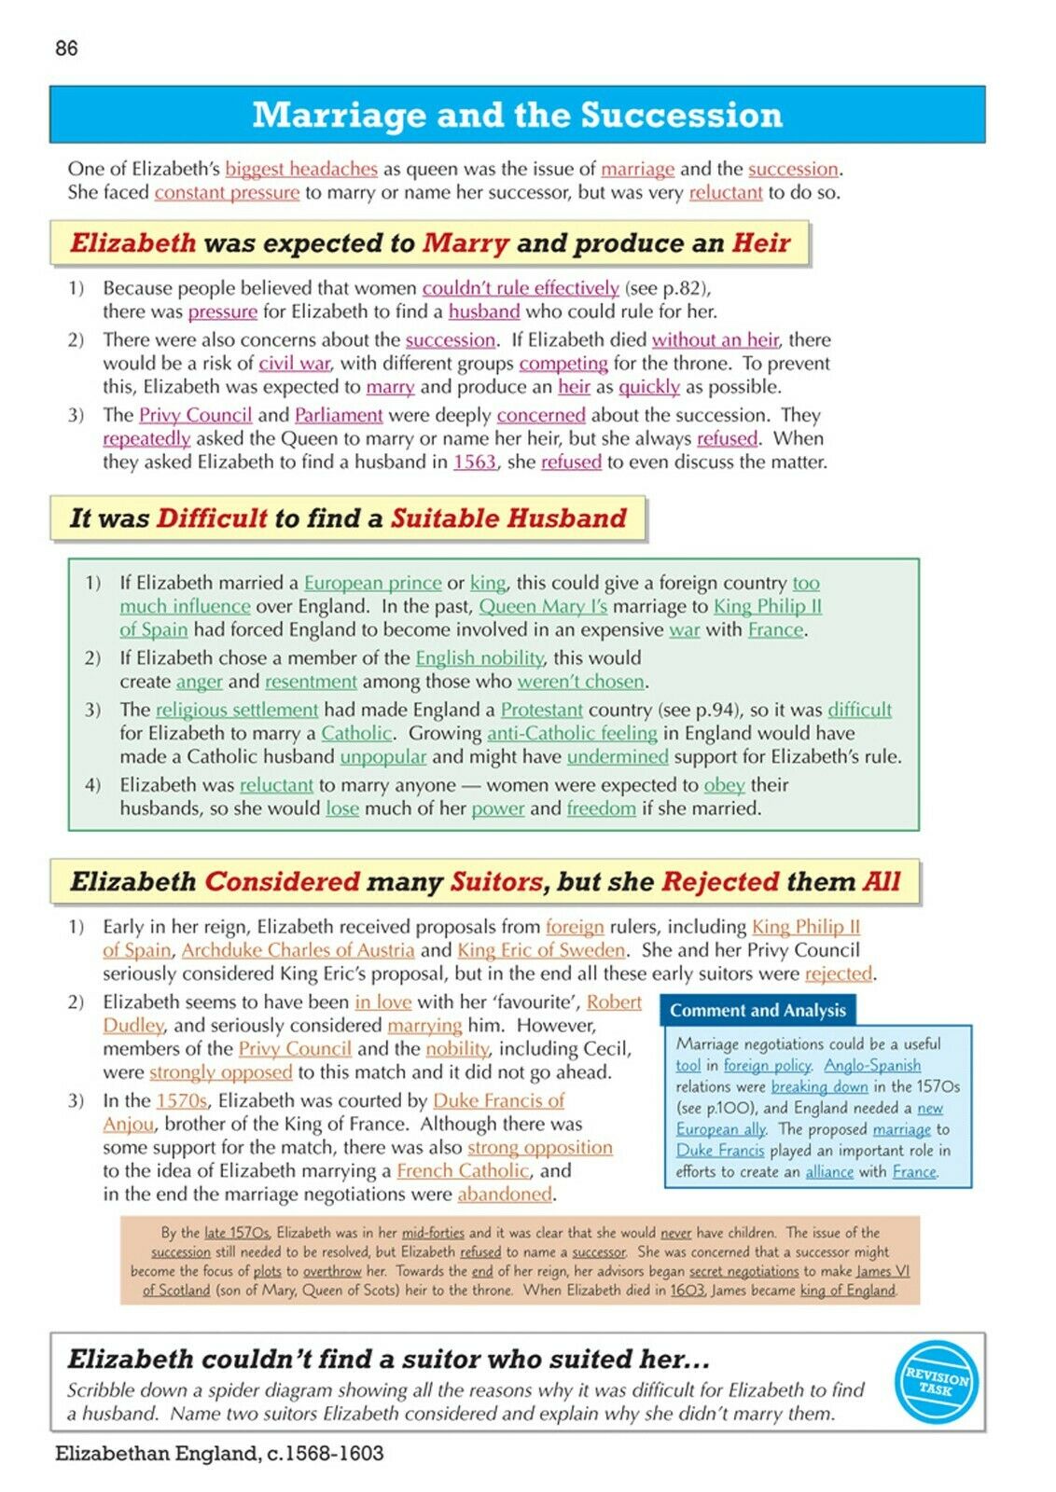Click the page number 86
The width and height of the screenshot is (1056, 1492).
66,48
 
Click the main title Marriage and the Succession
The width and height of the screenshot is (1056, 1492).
517,115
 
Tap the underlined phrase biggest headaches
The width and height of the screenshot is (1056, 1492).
301,169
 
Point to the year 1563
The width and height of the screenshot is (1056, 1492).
474,462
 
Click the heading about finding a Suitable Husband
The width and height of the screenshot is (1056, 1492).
348,518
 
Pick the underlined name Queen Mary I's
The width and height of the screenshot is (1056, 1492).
543,606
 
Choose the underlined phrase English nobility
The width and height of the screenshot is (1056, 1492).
479,657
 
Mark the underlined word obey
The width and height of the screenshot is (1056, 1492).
724,784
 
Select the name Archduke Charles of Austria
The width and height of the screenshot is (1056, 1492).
298,949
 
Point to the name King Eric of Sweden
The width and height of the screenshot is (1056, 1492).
541,949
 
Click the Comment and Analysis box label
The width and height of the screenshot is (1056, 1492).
757,1010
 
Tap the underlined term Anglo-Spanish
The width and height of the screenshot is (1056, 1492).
872,1065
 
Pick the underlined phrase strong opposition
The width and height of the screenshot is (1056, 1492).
540,1147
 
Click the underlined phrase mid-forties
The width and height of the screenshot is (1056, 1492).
433,1233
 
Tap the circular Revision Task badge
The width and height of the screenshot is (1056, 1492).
937,1383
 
